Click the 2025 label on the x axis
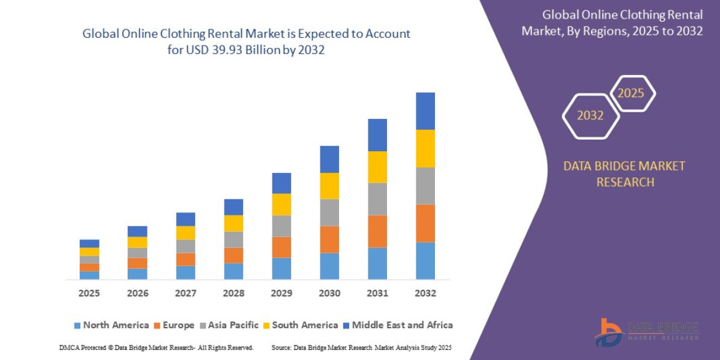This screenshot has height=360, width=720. pyautogui.click(x=89, y=293)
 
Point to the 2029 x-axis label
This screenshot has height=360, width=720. pyautogui.click(x=281, y=293)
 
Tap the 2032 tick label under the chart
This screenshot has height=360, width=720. pyautogui.click(x=425, y=293)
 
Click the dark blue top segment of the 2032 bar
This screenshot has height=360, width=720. pyautogui.click(x=425, y=111)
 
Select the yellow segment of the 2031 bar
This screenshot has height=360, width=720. pyautogui.click(x=377, y=167)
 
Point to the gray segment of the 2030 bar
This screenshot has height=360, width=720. pyautogui.click(x=329, y=212)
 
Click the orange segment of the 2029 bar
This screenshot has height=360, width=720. pyautogui.click(x=281, y=247)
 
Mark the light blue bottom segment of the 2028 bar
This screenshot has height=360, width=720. pyautogui.click(x=233, y=271)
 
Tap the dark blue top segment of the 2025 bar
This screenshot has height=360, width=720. pyautogui.click(x=89, y=244)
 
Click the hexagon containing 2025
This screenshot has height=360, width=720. pyautogui.click(x=632, y=94)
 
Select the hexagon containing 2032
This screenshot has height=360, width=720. pyautogui.click(x=590, y=116)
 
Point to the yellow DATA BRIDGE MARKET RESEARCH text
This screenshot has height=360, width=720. pyautogui.click(x=624, y=174)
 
